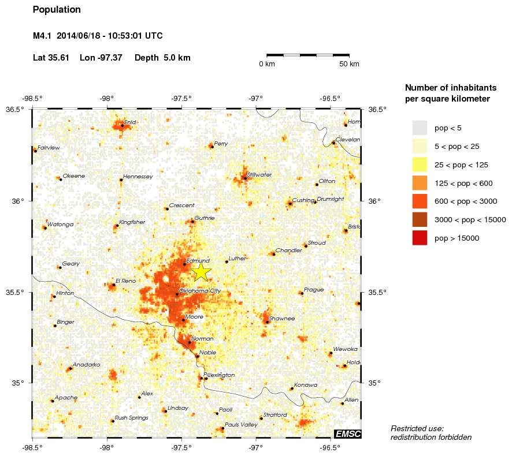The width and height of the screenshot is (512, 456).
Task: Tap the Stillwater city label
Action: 259,174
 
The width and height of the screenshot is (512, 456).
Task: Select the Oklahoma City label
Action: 200,290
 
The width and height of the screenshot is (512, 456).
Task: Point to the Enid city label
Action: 130,122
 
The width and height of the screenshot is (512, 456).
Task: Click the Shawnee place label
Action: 282,318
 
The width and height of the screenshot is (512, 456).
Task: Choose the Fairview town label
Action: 49,148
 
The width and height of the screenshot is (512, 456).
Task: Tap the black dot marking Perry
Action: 212,147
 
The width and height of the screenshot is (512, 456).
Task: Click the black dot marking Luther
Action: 227,261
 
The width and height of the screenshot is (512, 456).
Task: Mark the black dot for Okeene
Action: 61,180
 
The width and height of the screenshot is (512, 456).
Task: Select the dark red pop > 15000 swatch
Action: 420,238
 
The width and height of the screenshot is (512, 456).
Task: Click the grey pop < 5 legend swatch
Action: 420,127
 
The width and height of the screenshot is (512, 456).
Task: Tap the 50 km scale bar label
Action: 350,63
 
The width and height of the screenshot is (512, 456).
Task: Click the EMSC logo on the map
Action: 347,433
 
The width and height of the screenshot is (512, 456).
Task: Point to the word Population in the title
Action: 57,10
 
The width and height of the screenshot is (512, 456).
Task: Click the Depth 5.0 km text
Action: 162,58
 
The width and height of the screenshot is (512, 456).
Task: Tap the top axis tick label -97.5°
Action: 182,98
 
